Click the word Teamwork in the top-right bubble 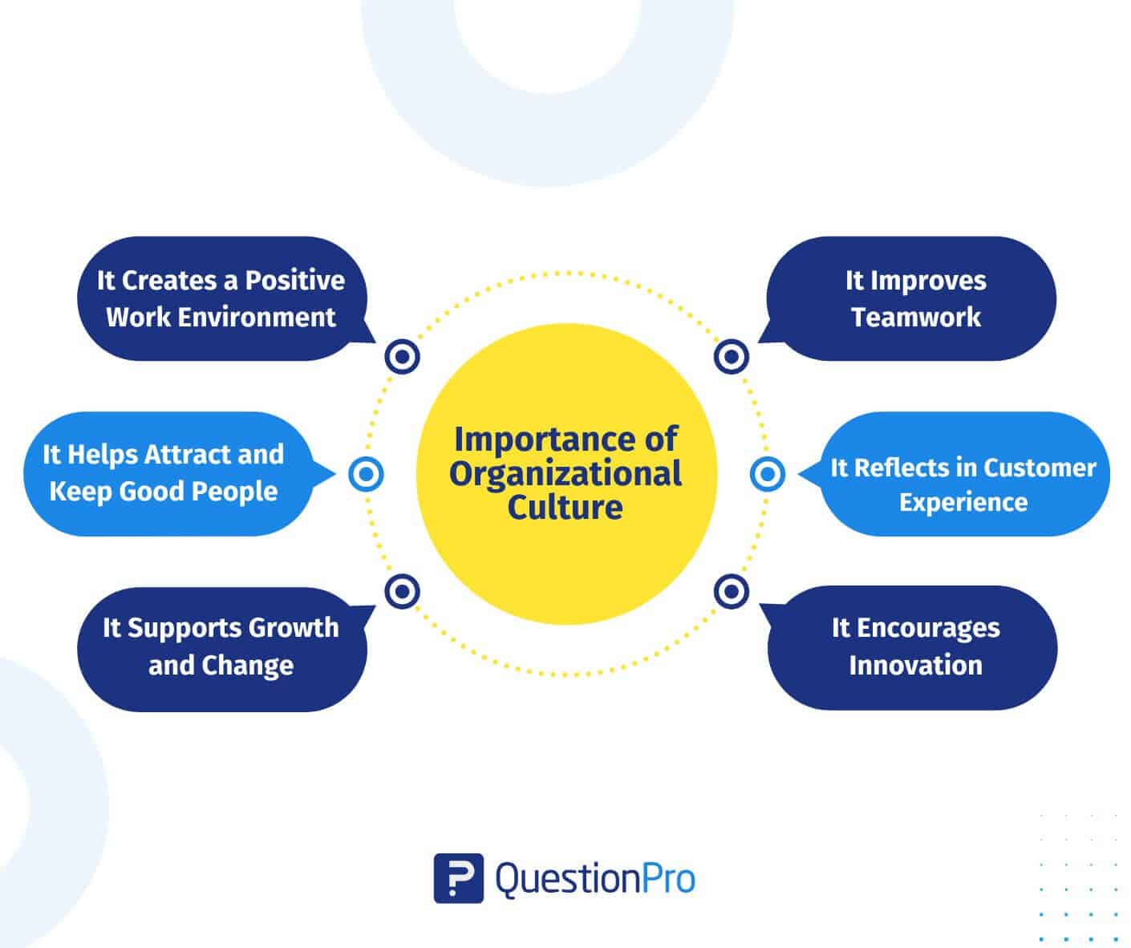point(916,317)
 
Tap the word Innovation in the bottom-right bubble point(915,665)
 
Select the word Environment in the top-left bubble point(257,317)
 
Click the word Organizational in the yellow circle point(565,474)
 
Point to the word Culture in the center point(565,508)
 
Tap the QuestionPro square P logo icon point(458,878)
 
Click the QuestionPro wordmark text point(595,879)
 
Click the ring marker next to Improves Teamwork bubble point(732,356)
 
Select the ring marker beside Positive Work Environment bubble point(402,356)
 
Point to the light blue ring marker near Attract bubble point(366,474)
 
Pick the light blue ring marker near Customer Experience point(768,474)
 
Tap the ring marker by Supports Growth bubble point(402,591)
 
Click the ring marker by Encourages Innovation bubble point(732,591)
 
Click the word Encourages point(928,628)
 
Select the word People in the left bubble point(234,492)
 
